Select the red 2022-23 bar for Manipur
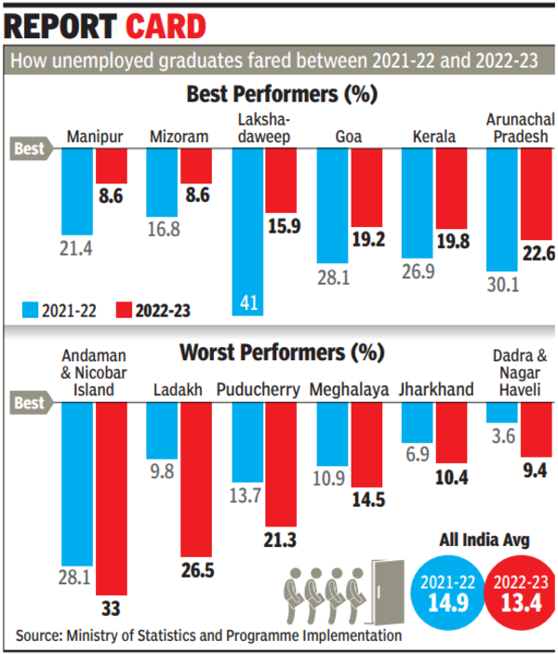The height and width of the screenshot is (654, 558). click(112, 166)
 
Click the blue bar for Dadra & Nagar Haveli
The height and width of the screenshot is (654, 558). click(501, 410)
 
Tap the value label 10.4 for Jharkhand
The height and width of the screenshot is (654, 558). click(452, 476)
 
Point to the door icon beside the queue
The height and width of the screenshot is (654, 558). click(382, 584)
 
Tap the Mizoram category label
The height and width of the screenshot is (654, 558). click(179, 138)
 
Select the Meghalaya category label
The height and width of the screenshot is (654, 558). click(349, 390)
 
